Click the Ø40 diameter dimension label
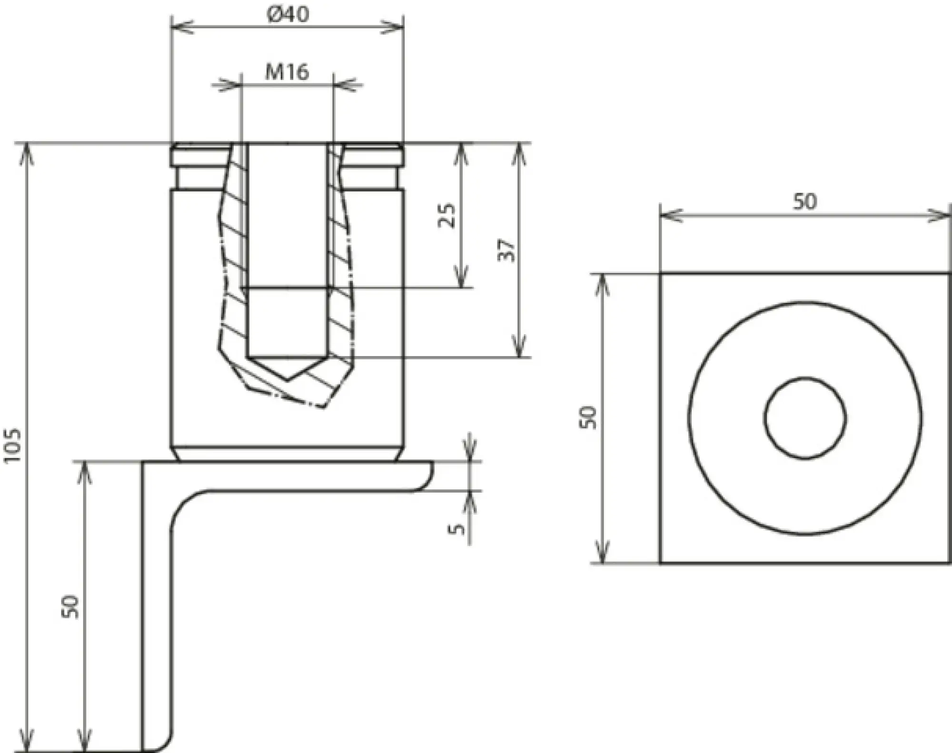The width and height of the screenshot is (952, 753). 288,14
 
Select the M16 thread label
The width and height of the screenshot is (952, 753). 287,72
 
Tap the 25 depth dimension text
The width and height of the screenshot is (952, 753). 447,215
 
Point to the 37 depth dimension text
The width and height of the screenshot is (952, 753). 506,249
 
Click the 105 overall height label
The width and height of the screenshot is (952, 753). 13,445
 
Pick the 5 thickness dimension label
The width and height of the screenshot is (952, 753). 457,528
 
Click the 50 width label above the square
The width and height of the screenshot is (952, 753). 804,201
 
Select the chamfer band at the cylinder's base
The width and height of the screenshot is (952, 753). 288,454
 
